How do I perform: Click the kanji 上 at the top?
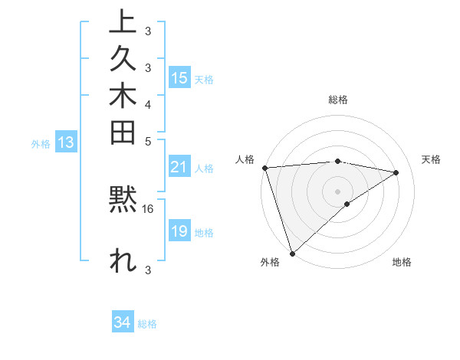(x=123, y=22)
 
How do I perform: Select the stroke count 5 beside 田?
(x=147, y=142)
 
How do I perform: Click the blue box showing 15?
(x=179, y=77)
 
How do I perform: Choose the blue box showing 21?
(x=179, y=167)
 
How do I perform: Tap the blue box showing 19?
(x=179, y=231)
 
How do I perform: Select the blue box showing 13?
(x=66, y=142)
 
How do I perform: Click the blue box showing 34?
(x=123, y=322)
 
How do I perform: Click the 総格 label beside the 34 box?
(x=147, y=324)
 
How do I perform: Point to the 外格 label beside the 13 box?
(x=41, y=143)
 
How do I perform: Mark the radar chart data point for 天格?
(x=396, y=172)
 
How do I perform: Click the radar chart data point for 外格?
(x=292, y=252)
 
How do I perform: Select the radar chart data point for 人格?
(x=264, y=167)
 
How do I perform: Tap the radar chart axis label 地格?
(x=402, y=263)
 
